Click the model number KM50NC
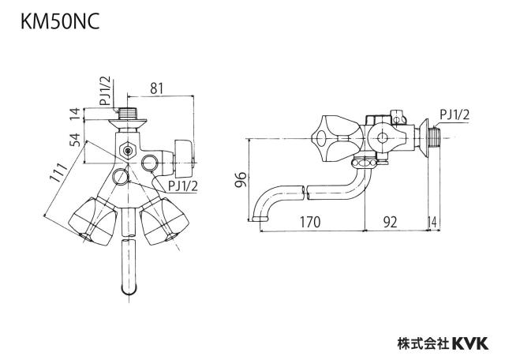[60, 22]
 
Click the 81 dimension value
[156, 88]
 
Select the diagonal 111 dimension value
[58, 173]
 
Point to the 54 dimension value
[76, 140]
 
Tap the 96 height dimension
[241, 180]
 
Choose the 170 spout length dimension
[310, 222]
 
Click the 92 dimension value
[390, 222]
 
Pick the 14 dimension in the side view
[432, 222]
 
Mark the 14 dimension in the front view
[75, 114]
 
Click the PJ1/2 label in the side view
[454, 115]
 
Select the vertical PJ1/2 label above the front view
[105, 91]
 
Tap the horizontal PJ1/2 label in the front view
[182, 186]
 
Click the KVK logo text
[470, 343]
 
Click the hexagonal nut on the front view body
[128, 150]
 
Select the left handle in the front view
[94, 221]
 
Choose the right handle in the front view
[164, 221]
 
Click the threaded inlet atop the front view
[128, 113]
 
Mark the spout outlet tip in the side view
[260, 219]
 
